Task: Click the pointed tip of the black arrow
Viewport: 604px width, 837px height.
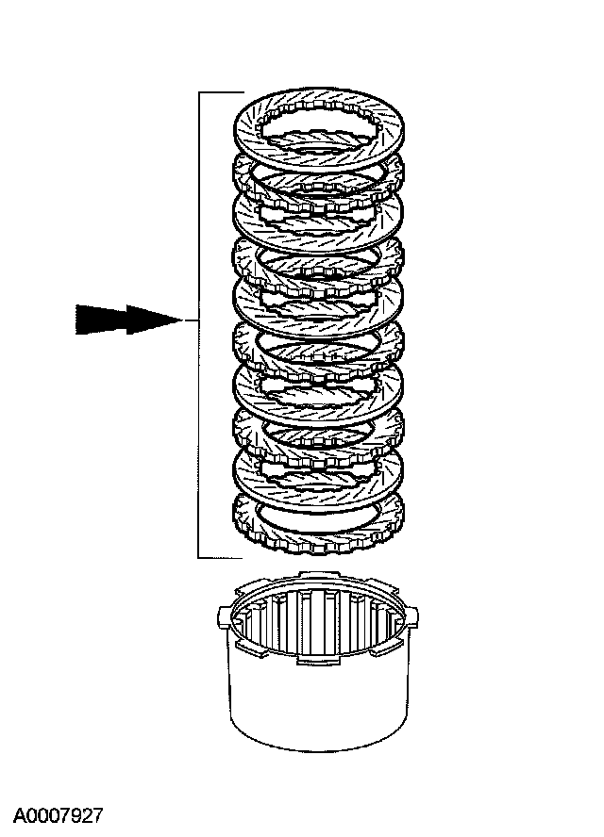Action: pos(181,320)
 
